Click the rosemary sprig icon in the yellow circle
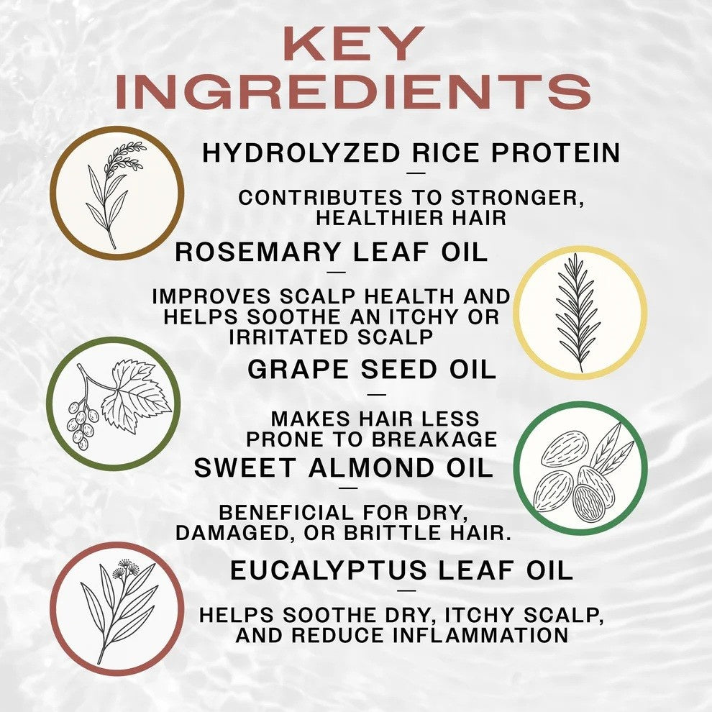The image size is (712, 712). (x=578, y=314)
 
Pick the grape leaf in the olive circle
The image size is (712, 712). (x=136, y=395)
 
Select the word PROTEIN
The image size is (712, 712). (x=556, y=152)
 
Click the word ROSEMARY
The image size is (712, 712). (x=258, y=252)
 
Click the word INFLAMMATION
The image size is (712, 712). (x=480, y=635)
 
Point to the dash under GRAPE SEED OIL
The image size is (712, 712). (x=376, y=394)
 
